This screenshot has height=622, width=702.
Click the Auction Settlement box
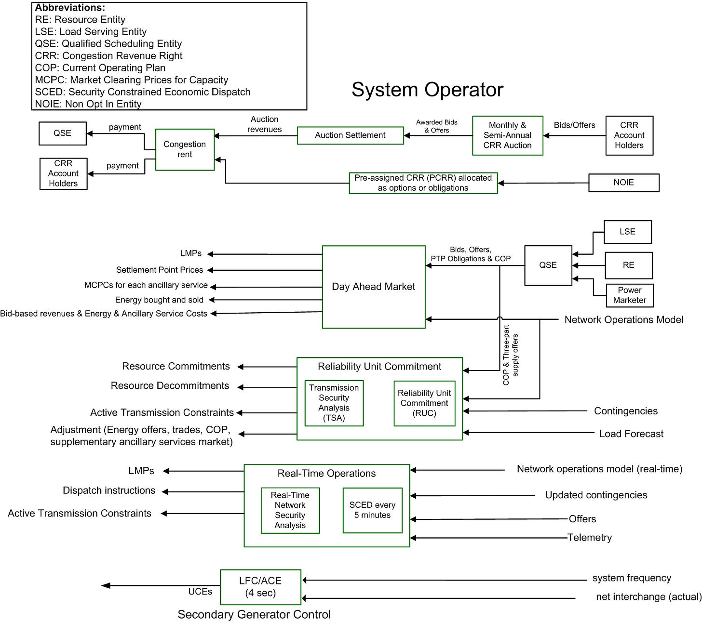tap(350, 135)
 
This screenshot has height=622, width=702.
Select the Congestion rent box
tap(185, 149)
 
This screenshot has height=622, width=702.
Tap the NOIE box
tap(623, 183)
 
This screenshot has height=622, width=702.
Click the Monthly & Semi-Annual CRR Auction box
tap(507, 135)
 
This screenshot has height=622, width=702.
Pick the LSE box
tap(627, 232)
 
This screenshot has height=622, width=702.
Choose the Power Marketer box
tap(630, 295)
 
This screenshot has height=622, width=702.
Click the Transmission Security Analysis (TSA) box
tap(334, 403)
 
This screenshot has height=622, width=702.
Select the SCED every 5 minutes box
tap(372, 510)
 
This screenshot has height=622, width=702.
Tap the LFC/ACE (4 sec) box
tap(260, 587)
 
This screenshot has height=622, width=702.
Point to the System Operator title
tap(427, 90)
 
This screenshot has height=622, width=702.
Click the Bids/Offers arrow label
tap(574, 125)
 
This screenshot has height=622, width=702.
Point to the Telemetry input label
tap(589, 537)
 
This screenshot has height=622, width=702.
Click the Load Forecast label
tap(631, 434)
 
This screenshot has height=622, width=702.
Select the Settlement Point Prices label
tap(160, 270)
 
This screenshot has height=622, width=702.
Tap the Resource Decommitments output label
tap(170, 385)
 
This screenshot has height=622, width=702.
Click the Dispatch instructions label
tap(109, 490)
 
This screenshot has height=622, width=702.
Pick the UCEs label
tap(200, 592)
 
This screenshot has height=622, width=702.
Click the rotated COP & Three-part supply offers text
tap(511, 355)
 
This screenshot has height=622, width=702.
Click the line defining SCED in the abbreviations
tap(142, 92)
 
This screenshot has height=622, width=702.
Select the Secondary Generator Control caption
tap(254, 614)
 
